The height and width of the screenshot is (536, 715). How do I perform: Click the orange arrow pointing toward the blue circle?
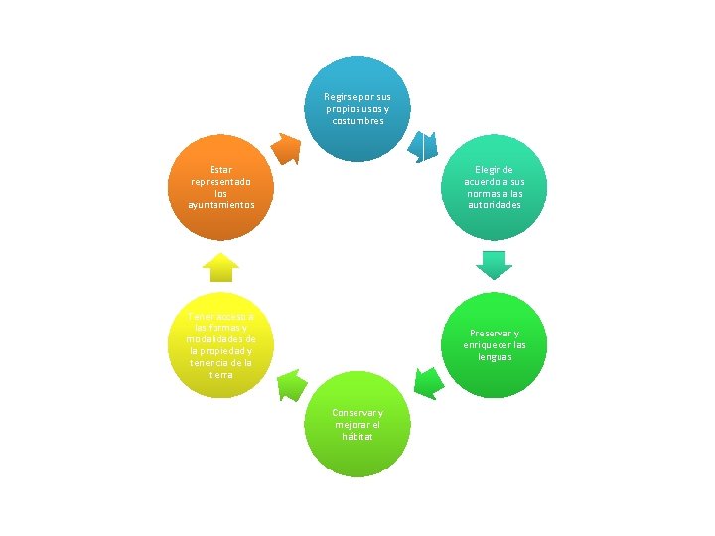pyautogui.click(x=286, y=148)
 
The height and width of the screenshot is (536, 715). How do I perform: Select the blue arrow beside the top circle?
pyautogui.click(x=424, y=147)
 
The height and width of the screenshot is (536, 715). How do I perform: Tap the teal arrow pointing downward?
pyautogui.click(x=494, y=264)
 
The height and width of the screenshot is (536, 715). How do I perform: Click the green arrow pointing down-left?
pyautogui.click(x=428, y=381)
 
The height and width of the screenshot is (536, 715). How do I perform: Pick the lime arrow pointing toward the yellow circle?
pyautogui.click(x=290, y=383)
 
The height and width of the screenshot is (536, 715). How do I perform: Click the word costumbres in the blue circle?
pyautogui.click(x=357, y=121)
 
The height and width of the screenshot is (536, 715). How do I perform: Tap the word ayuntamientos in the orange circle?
pyautogui.click(x=221, y=205)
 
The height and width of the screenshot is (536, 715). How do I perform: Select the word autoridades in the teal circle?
pyautogui.click(x=494, y=205)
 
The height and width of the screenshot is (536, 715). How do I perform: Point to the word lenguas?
pyautogui.click(x=494, y=357)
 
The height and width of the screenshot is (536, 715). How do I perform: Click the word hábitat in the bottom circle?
pyautogui.click(x=357, y=438)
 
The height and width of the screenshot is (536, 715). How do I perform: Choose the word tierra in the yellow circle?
pyautogui.click(x=221, y=375)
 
